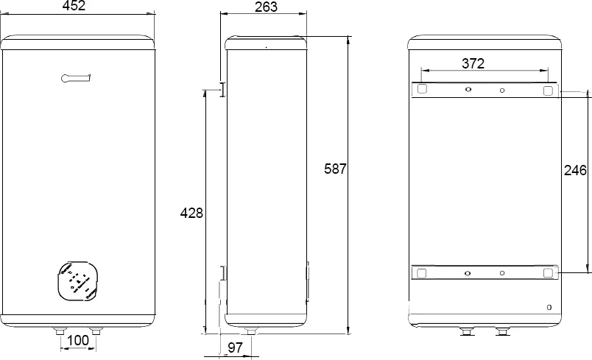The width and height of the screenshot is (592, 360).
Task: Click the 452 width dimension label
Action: pyautogui.click(x=74, y=6)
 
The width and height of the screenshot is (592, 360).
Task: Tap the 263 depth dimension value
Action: pyautogui.click(x=266, y=7)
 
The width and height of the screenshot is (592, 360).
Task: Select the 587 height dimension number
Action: pyautogui.click(x=335, y=169)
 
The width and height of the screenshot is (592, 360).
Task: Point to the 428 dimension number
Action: pyautogui.click(x=191, y=213)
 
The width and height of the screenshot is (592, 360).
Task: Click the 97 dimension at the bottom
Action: pyautogui.click(x=235, y=347)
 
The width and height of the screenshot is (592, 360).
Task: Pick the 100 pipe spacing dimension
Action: pyautogui.click(x=78, y=340)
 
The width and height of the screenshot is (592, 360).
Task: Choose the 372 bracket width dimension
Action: pyautogui.click(x=473, y=63)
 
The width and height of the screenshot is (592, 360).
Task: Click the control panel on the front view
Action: pyautogui.click(x=78, y=281)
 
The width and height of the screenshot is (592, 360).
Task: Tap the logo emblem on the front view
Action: pyautogui.click(x=76, y=78)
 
